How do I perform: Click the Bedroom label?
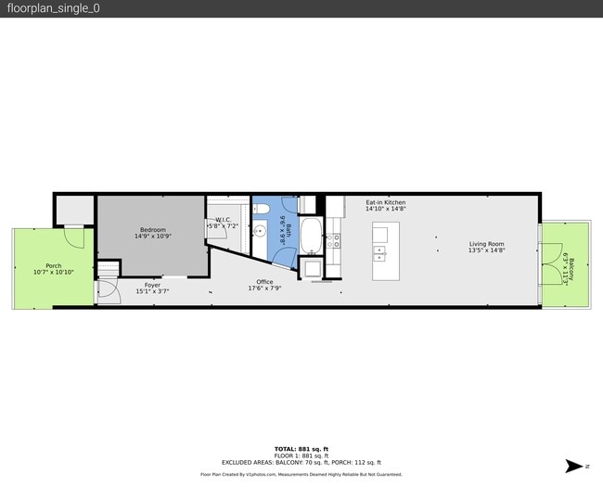[153, 229]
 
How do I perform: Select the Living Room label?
[486, 244]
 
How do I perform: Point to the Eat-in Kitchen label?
[385, 202]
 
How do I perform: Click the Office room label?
[264, 281]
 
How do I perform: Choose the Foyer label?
[152, 285]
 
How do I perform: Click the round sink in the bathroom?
[261, 232]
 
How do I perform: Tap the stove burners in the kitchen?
[333, 240]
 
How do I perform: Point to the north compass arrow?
[577, 466]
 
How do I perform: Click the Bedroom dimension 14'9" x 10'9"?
[153, 237]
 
